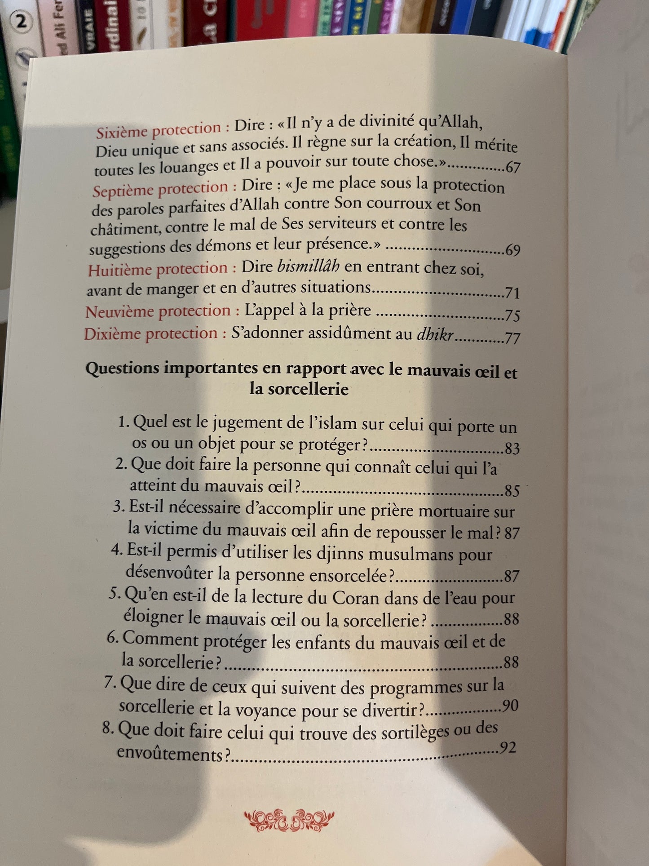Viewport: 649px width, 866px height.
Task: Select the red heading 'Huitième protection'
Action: [x=158, y=269]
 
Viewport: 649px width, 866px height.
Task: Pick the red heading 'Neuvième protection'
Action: [x=158, y=311]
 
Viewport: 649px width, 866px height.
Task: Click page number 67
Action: [x=512, y=168]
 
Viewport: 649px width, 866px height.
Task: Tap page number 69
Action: [x=512, y=250]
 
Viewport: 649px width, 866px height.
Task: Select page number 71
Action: [x=512, y=293]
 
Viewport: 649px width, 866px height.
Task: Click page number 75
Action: [x=512, y=315]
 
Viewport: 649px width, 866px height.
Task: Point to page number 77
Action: [x=512, y=338]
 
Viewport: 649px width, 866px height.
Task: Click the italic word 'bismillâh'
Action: [x=308, y=267]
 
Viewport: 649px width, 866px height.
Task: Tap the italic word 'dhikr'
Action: [x=435, y=335]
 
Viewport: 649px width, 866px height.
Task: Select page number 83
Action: [x=512, y=449]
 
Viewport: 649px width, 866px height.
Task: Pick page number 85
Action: [x=512, y=491]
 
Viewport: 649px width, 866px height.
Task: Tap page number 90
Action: [x=511, y=706]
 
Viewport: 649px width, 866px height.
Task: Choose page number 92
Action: [x=508, y=748]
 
